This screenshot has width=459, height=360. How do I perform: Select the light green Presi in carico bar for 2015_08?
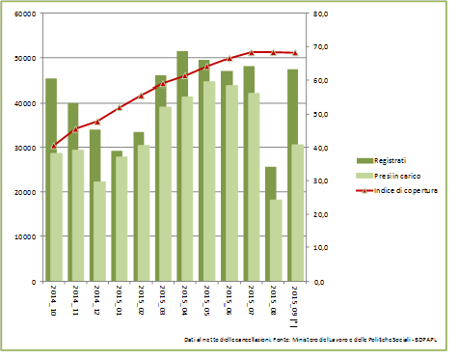point(276,241)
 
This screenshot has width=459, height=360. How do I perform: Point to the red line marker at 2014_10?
point(53,146)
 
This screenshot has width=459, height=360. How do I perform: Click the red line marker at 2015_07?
point(252,52)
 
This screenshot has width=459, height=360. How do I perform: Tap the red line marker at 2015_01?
point(119,108)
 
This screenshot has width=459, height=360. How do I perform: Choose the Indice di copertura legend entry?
point(395,191)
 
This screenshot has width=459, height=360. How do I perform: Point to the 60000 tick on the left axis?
point(24,14)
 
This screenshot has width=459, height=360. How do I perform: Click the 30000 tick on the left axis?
point(24,148)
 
